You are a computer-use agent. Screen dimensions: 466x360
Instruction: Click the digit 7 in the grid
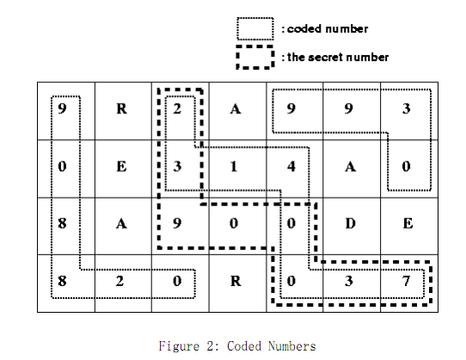tap(407, 281)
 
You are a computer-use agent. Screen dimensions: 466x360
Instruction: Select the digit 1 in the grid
tap(234, 167)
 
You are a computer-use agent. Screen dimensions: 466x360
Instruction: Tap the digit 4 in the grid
tap(291, 167)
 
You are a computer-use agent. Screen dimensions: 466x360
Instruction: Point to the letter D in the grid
tap(351, 223)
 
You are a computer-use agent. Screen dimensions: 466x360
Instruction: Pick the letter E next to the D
tap(408, 223)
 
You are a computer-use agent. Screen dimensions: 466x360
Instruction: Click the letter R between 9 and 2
tap(121, 109)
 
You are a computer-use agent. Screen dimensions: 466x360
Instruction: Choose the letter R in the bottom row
tap(236, 281)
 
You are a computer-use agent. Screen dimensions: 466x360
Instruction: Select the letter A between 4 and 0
tap(351, 167)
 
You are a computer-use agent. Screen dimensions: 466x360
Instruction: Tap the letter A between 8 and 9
tap(121, 223)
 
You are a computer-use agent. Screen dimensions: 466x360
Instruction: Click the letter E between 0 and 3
tap(121, 167)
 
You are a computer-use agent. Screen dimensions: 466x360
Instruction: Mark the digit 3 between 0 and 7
tap(349, 281)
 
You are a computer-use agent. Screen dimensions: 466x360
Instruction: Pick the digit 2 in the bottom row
tap(120, 281)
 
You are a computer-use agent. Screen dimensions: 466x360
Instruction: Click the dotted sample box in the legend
tap(255, 18)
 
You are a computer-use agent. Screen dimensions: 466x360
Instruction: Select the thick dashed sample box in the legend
tap(255, 46)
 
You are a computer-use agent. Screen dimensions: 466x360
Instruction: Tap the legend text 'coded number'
tap(328, 29)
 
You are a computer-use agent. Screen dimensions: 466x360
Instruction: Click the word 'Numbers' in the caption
tap(291, 346)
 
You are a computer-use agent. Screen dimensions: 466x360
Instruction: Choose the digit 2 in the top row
tap(177, 109)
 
